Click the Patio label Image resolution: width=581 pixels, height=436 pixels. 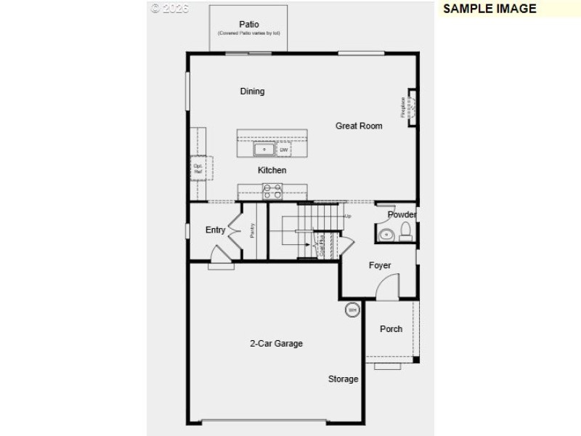pos(249,24)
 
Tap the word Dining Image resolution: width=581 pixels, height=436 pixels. pos(252,92)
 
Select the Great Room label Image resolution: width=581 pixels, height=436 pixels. pos(359,126)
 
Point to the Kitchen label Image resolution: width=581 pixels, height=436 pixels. pos(272,170)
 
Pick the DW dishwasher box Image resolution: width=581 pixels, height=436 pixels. pos(284,150)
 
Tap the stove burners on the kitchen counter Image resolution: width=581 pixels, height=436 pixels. pos(272,191)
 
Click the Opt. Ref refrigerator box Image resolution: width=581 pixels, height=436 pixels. pos(198,169)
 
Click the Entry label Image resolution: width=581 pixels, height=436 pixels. pos(215,230)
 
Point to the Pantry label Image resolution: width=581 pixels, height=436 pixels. pos(253,230)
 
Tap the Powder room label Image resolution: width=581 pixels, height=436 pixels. pos(402,214)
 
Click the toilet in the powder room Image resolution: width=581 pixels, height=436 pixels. pos(406,232)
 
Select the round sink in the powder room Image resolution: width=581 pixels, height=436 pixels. pos(386,234)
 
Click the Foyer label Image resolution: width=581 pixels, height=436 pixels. pos(380,265)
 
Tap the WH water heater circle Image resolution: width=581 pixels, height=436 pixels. pos(352,310)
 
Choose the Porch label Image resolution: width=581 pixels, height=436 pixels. pos(391,329)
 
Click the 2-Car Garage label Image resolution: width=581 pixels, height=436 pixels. pos(276,344)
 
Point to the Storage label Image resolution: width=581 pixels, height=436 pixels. pos(343,379)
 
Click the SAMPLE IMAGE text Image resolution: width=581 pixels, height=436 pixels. pos(489,9)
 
